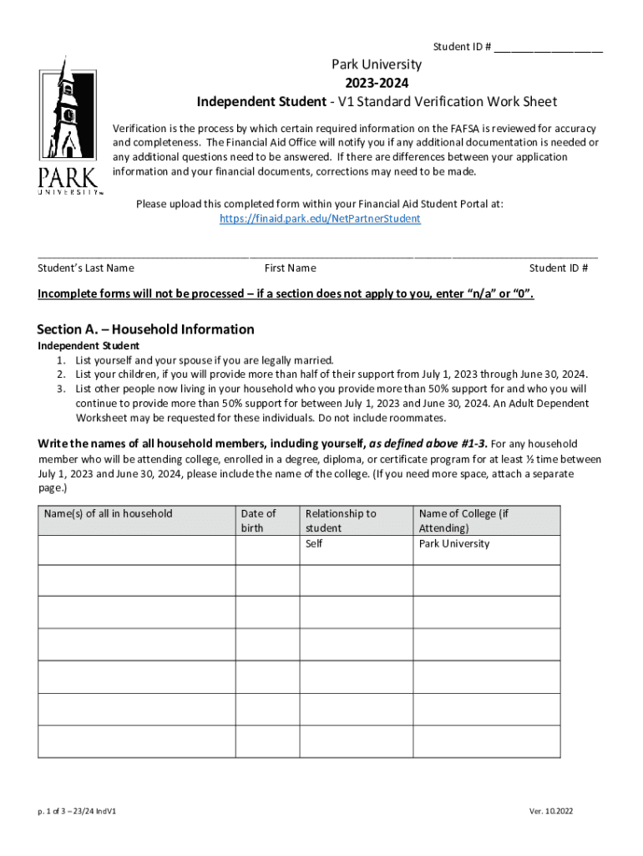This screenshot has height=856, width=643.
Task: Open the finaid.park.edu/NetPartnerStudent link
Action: [320, 218]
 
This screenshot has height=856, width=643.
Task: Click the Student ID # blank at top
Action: [548, 48]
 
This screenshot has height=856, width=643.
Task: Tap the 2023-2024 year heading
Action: [377, 83]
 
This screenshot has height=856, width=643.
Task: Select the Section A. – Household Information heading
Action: [146, 329]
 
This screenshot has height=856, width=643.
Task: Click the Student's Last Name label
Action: [86, 268]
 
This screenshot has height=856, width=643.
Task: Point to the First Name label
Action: [290, 268]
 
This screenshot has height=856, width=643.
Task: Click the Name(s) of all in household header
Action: [109, 513]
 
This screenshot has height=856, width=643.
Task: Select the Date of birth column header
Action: [258, 520]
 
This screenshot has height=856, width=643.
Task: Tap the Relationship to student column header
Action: [341, 520]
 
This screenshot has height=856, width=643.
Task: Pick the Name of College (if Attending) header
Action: [463, 520]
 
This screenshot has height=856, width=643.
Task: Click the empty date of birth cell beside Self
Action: [266, 549]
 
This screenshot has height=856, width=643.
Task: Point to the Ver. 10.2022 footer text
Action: [551, 811]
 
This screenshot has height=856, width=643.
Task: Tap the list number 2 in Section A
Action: [61, 374]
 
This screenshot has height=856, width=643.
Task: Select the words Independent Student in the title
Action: [261, 102]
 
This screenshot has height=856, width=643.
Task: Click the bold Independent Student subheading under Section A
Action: [89, 345]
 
